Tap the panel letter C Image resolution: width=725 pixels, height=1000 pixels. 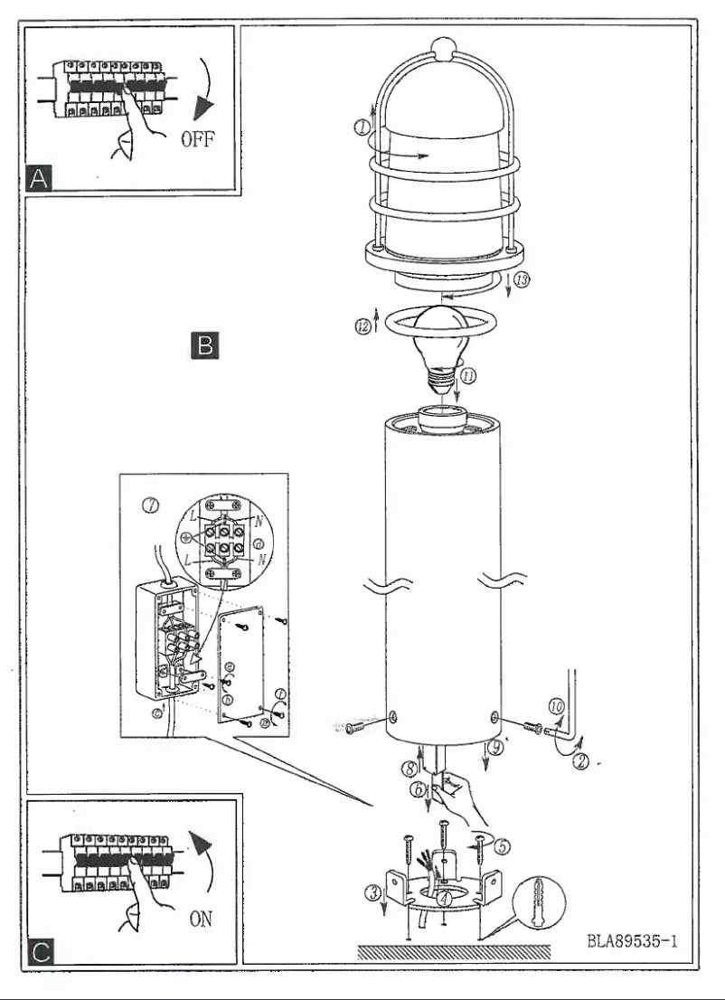38,949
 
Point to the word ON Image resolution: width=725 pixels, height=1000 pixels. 202,918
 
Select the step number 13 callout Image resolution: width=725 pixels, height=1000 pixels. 521,281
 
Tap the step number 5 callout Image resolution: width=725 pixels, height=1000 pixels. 503,846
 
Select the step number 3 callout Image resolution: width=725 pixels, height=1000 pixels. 370,893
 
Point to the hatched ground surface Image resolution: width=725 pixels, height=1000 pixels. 453,952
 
